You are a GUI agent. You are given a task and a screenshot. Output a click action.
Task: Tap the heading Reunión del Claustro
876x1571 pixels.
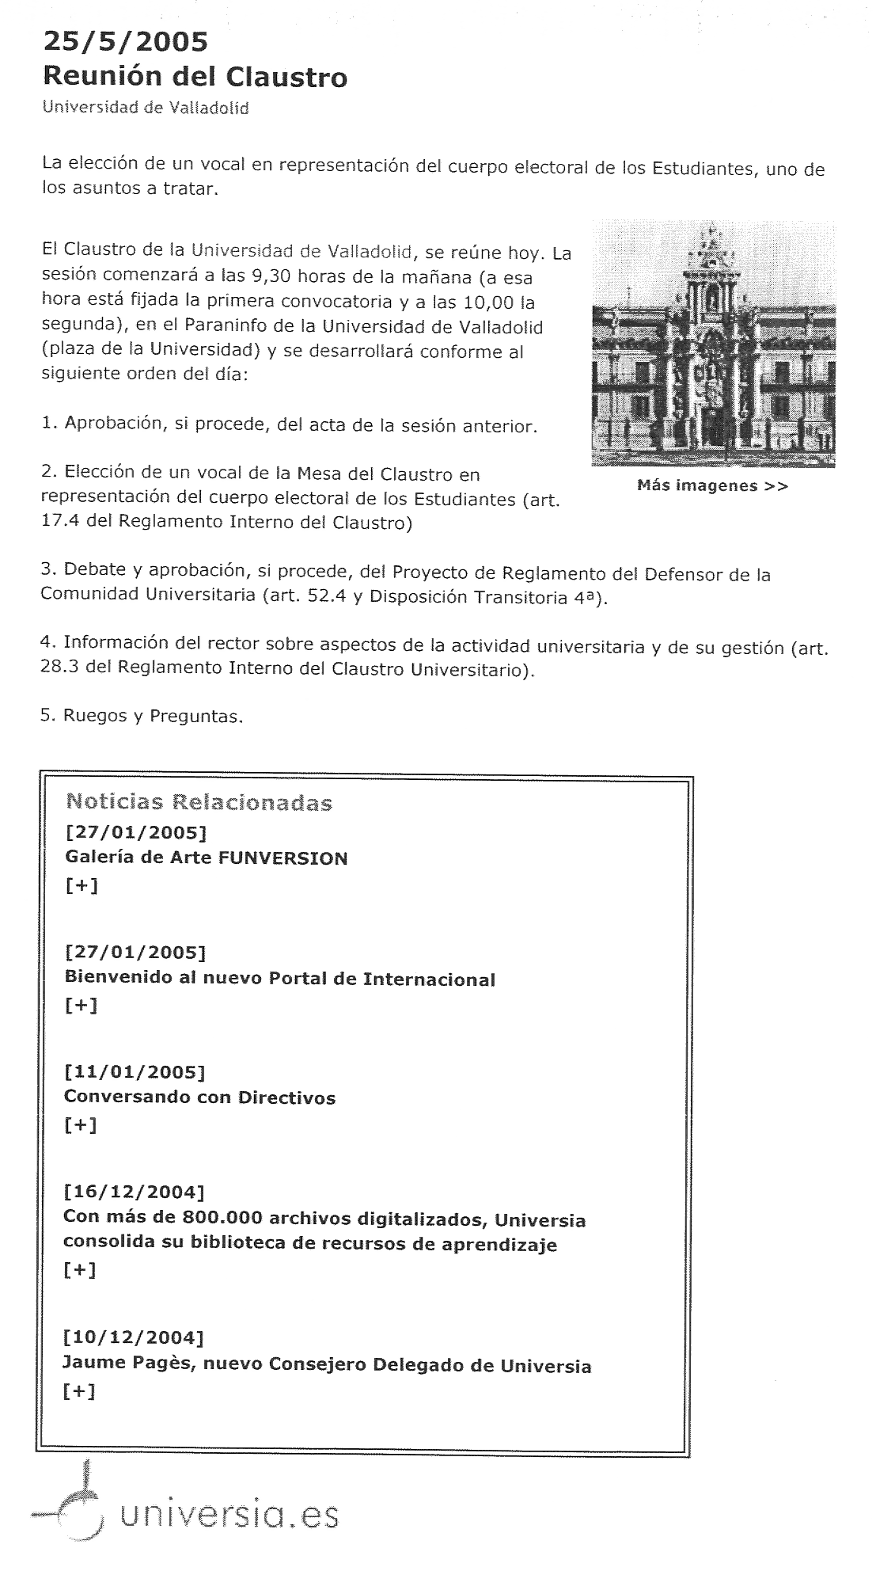pyautogui.click(x=195, y=78)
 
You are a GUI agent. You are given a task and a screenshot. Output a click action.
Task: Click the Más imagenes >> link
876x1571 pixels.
pyautogui.click(x=712, y=485)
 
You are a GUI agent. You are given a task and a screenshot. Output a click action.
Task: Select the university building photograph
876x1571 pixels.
pyautogui.click(x=713, y=344)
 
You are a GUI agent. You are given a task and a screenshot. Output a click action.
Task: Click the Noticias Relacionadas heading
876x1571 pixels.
pyautogui.click(x=199, y=802)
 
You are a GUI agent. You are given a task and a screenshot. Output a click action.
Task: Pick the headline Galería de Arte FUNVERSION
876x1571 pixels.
pyautogui.click(x=206, y=858)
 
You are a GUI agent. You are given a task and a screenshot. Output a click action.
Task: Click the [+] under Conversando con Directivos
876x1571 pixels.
pyautogui.click(x=80, y=1124)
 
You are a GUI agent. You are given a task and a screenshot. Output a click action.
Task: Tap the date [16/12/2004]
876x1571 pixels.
pyautogui.click(x=134, y=1191)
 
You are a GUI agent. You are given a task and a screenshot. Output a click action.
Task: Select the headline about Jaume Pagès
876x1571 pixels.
pyautogui.click(x=327, y=1365)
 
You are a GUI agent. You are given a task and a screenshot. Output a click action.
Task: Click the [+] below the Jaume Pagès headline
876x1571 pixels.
pyautogui.click(x=79, y=1392)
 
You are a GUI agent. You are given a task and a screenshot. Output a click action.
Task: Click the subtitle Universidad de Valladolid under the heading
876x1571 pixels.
pyautogui.click(x=146, y=108)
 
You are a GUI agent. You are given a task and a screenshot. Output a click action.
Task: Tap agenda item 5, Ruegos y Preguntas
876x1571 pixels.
pyautogui.click(x=142, y=716)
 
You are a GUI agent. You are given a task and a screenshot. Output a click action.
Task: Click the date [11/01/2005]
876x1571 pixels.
pyautogui.click(x=135, y=1071)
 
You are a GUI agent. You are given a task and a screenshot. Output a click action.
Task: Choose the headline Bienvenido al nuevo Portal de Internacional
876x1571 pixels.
pyautogui.click(x=279, y=979)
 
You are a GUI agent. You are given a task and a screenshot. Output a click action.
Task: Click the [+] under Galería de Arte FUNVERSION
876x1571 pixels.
pyautogui.click(x=82, y=885)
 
